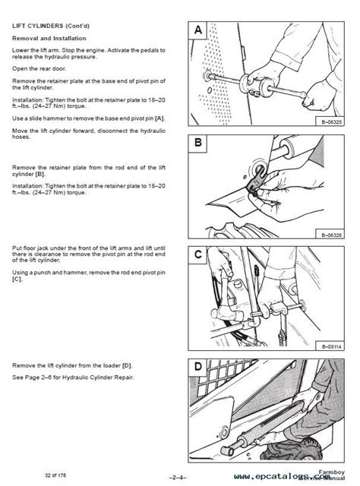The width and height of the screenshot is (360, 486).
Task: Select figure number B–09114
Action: click(x=319, y=346)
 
